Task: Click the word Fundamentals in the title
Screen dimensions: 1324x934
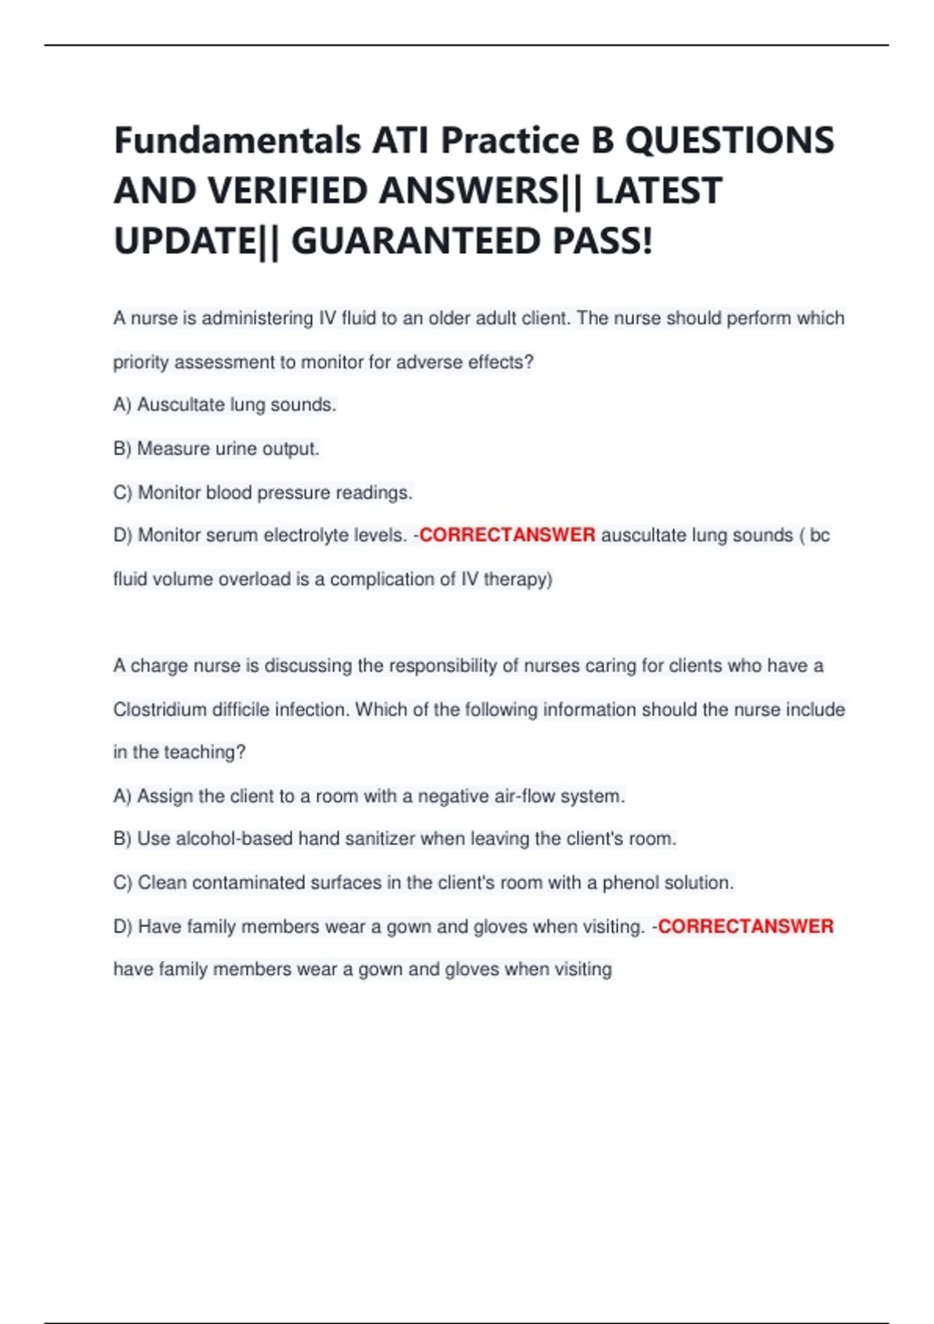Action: click(237, 141)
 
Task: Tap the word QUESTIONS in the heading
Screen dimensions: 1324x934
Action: click(729, 141)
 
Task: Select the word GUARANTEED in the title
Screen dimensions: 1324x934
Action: click(415, 241)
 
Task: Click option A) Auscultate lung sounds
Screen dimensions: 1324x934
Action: click(224, 405)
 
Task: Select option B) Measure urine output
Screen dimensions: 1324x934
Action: click(216, 449)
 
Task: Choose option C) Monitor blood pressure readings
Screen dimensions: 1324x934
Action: click(262, 492)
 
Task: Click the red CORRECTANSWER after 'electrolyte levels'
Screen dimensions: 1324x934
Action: click(507, 535)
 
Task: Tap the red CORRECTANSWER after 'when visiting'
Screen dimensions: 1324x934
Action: click(746, 926)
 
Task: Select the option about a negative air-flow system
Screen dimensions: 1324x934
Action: click(369, 796)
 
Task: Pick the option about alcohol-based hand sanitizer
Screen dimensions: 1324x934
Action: click(395, 839)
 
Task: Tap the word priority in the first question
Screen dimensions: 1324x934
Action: click(141, 362)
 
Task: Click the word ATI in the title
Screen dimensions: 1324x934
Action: click(400, 141)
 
